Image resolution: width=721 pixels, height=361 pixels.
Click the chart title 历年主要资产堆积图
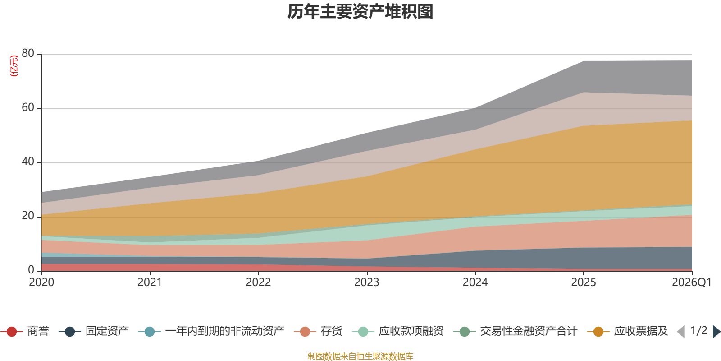coord(360,12)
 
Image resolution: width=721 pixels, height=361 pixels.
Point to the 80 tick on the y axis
coord(28,53)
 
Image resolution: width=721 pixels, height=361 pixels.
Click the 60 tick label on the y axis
coord(28,107)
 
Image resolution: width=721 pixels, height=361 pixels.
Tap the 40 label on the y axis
coord(28,162)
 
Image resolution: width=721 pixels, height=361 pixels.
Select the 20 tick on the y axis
coord(28,216)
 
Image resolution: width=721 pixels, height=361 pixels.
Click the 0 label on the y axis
coord(31,270)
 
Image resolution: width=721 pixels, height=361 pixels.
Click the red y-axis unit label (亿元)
coord(14,66)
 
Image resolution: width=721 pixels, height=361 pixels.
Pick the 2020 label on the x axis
coord(41,282)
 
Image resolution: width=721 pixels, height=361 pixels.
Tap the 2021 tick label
coord(150,282)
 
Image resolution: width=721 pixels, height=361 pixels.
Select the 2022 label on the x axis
coord(258,282)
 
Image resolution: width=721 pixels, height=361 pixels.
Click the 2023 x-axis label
coord(367,282)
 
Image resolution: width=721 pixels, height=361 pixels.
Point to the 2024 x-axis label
coord(475,282)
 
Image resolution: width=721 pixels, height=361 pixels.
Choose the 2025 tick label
coord(584,282)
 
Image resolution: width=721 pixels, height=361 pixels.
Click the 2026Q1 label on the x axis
coord(692,282)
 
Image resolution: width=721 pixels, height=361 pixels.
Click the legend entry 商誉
coord(25,331)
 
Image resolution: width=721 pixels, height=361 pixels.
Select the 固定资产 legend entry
coord(94,331)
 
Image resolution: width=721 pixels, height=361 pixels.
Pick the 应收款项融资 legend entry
coord(398,331)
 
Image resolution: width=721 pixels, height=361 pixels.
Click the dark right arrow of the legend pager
coord(716,332)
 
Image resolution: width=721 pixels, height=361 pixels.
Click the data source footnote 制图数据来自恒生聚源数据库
coord(360,356)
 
